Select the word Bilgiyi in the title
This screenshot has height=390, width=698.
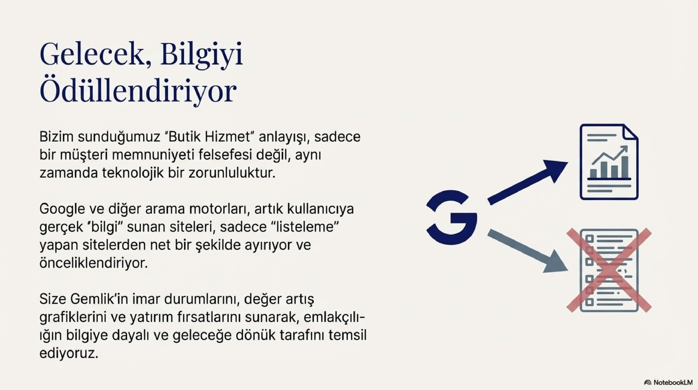pos(201,55)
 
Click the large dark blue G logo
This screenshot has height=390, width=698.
pos(451,218)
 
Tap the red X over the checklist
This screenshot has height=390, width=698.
pos(609,270)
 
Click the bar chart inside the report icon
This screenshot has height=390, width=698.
pos(609,166)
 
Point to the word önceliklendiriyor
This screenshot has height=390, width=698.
pos(94,263)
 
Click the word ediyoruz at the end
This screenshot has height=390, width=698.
pos(68,353)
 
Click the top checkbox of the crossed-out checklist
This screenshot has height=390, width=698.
pos(589,239)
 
